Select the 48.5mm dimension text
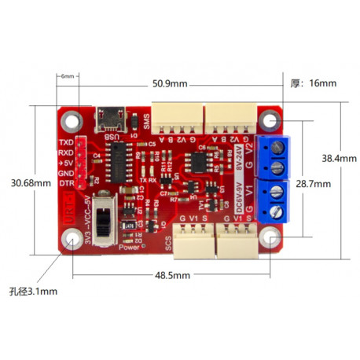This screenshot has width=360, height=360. [x=172, y=276]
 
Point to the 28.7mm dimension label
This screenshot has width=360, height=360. [x=313, y=183]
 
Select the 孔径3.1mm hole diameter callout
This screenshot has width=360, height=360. [x=33, y=291]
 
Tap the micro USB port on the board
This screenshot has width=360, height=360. [x=112, y=119]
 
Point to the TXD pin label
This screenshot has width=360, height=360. [x=66, y=142]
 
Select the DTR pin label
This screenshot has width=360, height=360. [x=67, y=183]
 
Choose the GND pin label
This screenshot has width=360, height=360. [x=66, y=173]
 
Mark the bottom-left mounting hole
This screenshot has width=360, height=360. [x=75, y=238]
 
